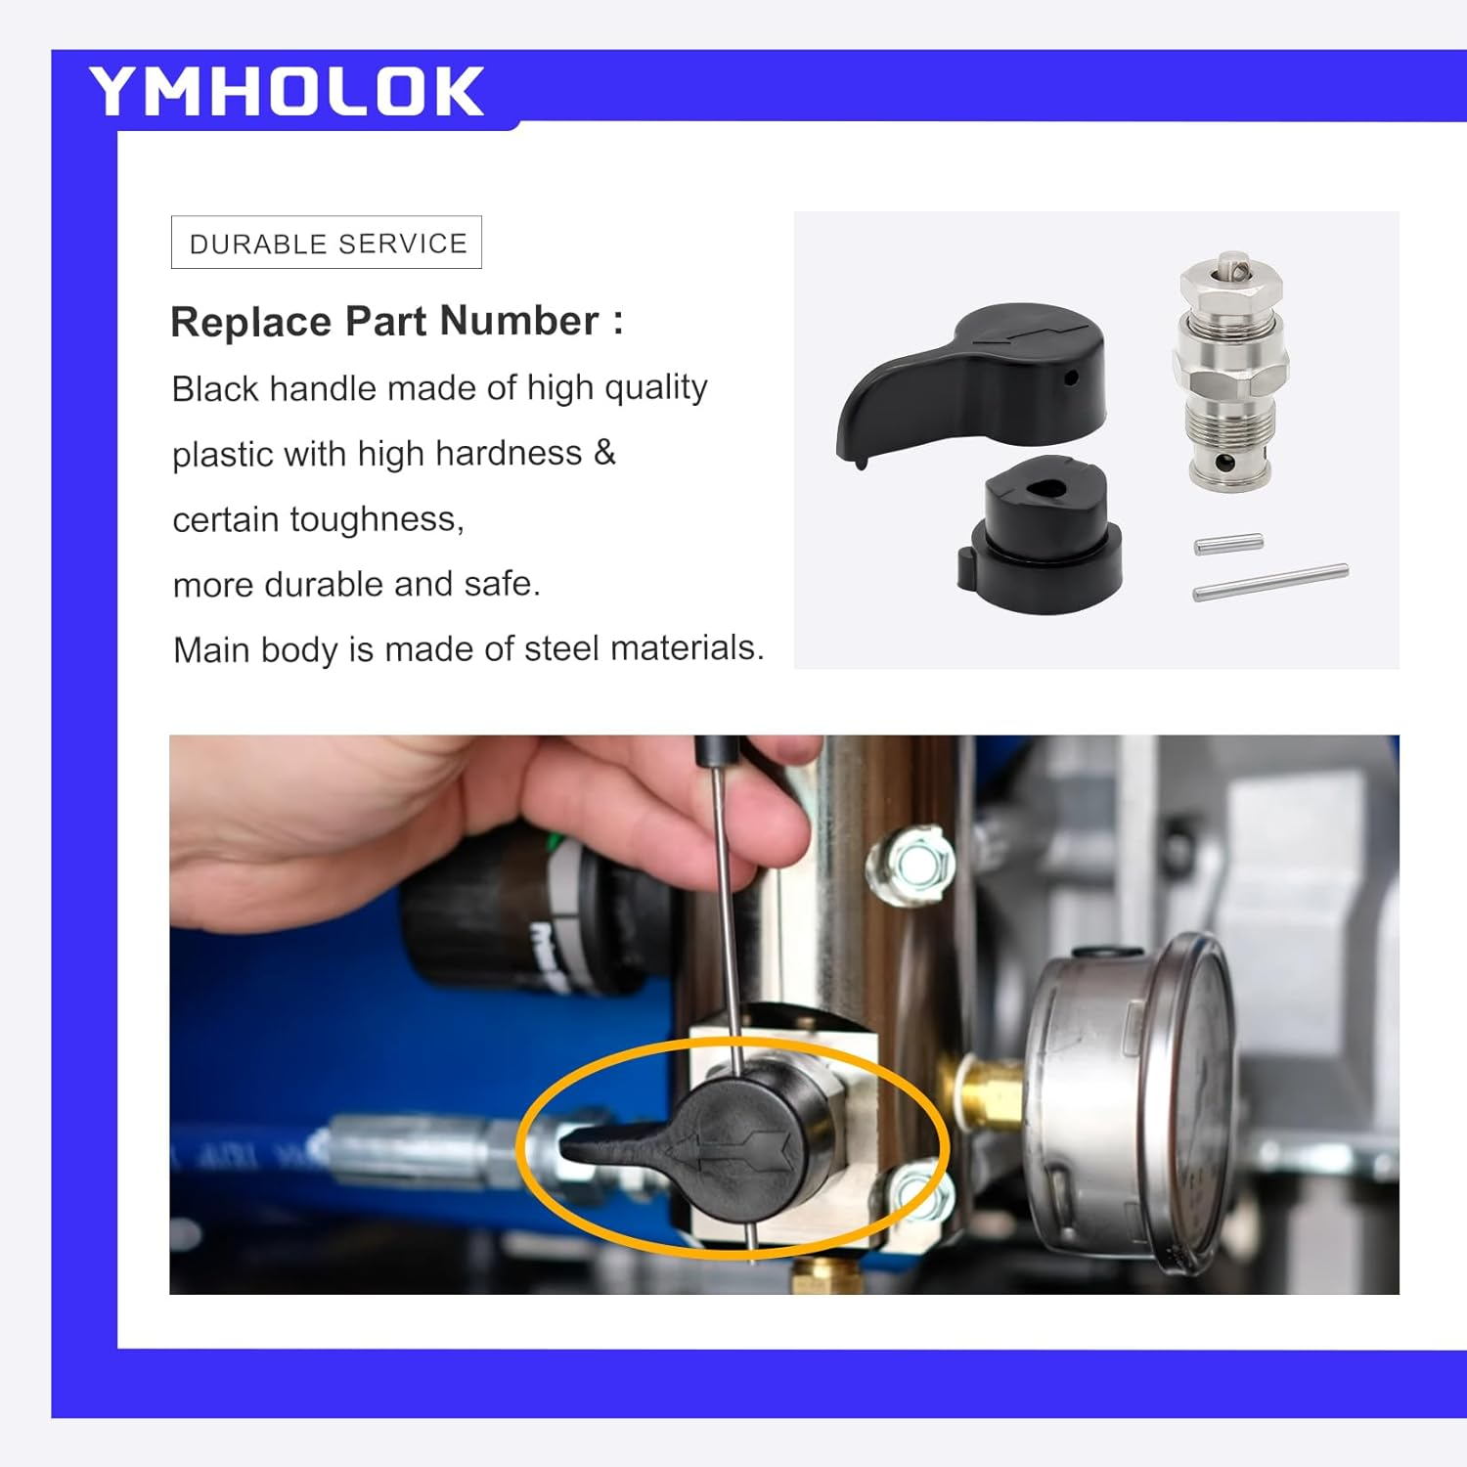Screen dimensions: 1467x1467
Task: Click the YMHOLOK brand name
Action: point(286,91)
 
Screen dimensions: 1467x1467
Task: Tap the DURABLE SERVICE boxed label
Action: point(327,243)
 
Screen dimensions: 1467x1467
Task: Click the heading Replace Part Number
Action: point(396,322)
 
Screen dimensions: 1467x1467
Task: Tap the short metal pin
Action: point(1228,543)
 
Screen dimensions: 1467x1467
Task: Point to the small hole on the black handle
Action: point(1070,377)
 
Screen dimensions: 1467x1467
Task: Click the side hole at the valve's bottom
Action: point(1220,461)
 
